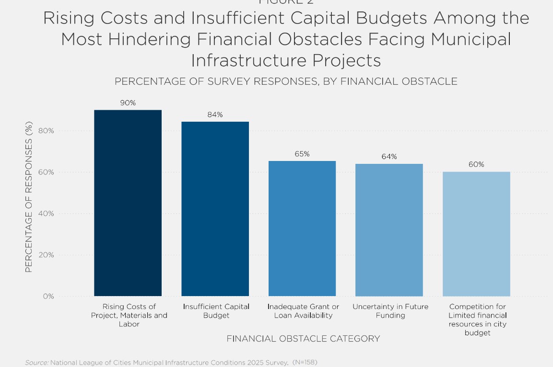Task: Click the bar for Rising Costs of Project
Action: (128, 203)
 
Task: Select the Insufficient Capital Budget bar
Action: (215, 209)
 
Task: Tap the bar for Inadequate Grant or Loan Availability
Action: (302, 229)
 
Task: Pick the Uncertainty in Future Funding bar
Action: (389, 230)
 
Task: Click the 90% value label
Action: (128, 103)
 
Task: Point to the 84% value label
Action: (215, 115)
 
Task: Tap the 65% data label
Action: (302, 154)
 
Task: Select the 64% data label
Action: (389, 157)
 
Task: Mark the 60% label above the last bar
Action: (476, 164)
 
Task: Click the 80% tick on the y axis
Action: (47, 131)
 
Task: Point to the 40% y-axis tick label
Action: (47, 214)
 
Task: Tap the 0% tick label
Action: (48, 297)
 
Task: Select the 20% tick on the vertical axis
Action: (47, 255)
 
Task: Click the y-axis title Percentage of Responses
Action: (29, 197)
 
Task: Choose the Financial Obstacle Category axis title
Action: (303, 339)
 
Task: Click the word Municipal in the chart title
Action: (471, 39)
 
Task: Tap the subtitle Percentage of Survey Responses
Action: (286, 81)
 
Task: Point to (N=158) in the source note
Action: (305, 362)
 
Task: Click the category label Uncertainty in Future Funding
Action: (390, 311)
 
